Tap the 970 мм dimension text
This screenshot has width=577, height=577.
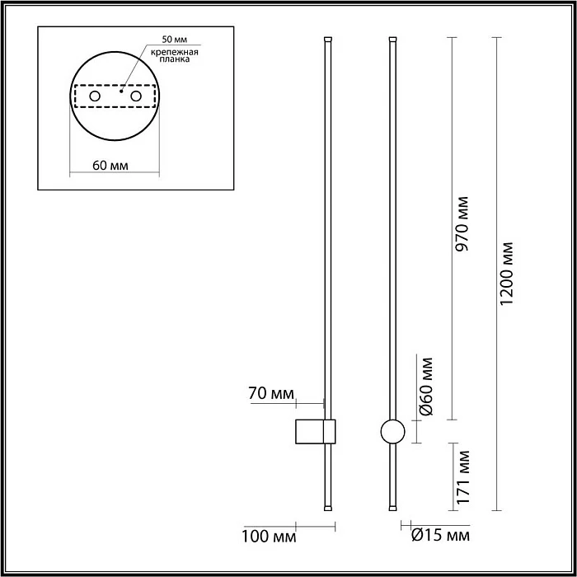tap(462, 223)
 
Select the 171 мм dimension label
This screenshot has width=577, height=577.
tap(463, 477)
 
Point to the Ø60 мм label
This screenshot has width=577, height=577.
tap(426, 386)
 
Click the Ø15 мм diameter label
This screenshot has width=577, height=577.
tap(440, 536)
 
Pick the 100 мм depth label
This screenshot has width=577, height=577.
tap(269, 537)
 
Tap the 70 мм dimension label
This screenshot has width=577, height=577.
tap(271, 393)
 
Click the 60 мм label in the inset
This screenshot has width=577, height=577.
tap(110, 166)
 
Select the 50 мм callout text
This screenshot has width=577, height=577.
tap(175, 40)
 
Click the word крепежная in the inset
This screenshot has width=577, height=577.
tap(175, 52)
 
